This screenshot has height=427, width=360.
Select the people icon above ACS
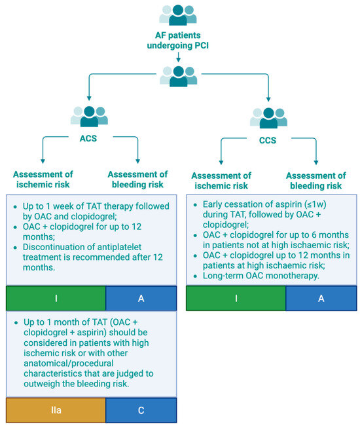(x=89, y=116)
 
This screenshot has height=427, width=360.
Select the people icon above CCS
(x=268, y=117)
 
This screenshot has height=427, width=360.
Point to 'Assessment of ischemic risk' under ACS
(x=42, y=179)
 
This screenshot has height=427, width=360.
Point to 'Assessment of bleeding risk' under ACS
(x=137, y=179)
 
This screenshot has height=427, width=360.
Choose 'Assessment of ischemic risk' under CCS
(x=221, y=181)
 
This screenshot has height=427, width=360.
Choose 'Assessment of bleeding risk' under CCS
(x=316, y=181)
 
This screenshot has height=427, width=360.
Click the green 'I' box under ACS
(x=56, y=298)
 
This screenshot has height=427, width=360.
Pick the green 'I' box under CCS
(x=236, y=298)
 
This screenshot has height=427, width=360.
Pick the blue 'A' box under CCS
(x=321, y=298)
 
